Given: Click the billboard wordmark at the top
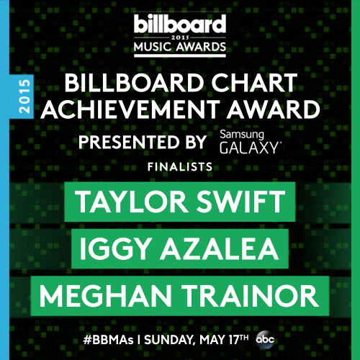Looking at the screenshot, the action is [180, 24].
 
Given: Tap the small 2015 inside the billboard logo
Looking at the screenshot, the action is [180, 37].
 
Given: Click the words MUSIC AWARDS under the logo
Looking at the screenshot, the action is [180, 47].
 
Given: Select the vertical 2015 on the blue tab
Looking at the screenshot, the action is [24, 96].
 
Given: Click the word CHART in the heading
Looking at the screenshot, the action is [254, 82].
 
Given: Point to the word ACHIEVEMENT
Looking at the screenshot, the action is [130, 109].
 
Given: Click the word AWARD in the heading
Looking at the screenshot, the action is [274, 109].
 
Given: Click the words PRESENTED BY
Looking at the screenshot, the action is [143, 142].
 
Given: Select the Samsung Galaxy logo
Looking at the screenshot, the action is [250, 142].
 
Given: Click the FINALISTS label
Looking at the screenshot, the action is [180, 167].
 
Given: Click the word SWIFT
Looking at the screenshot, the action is [240, 202].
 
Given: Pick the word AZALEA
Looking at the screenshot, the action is [220, 248].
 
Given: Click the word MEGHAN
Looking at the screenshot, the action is [105, 296].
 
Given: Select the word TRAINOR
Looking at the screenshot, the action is [250, 296].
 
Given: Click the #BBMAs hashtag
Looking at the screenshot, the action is [108, 340].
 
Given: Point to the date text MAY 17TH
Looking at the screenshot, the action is [224, 339].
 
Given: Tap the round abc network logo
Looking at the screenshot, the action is [265, 339].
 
